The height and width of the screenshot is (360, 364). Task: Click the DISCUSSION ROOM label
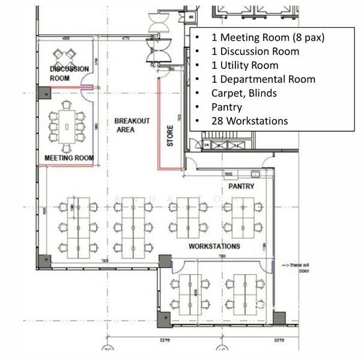[x=69, y=73]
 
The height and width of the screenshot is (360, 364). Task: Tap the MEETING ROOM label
[x=69, y=158]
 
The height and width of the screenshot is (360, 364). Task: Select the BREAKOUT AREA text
[x=132, y=125]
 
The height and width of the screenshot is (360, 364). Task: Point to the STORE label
[x=171, y=135]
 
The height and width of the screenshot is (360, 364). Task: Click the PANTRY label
[x=241, y=187]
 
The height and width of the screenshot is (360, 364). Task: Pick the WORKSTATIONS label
[x=214, y=246]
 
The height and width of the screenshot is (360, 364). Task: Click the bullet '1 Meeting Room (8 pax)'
[x=267, y=37]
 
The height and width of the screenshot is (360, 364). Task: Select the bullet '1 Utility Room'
[x=244, y=65]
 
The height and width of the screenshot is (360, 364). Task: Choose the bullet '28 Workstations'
[x=249, y=121]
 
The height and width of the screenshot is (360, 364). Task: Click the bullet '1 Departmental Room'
[x=263, y=79]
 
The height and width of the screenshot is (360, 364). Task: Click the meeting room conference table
[x=66, y=127]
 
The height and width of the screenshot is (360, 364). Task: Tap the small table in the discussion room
[x=64, y=58]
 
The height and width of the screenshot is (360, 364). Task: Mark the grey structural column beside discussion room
[x=43, y=92]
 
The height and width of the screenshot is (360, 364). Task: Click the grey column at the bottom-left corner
[x=44, y=261]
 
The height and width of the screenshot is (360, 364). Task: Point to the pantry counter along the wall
[x=240, y=175]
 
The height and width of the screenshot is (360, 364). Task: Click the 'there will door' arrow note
[x=289, y=266]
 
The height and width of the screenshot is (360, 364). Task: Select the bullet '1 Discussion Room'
[x=255, y=51]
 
